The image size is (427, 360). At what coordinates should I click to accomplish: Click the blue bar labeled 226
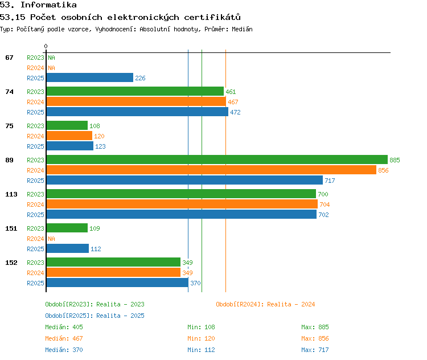pyautogui.click(x=90, y=77)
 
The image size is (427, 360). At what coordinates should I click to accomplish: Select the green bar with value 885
pyautogui.click(x=217, y=159)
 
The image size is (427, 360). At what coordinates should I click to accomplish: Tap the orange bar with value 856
pyautogui.click(x=211, y=170)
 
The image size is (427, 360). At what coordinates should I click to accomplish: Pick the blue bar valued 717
pyautogui.click(x=184, y=180)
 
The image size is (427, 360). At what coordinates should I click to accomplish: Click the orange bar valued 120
pyautogui.click(x=69, y=136)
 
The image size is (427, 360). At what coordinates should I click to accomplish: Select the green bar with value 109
pyautogui.click(x=67, y=228)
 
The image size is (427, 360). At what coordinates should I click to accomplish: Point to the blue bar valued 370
pyautogui.click(x=117, y=283)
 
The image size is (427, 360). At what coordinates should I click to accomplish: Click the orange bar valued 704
pyautogui.click(x=182, y=204)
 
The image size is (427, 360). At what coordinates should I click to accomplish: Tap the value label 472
pyautogui.click(x=235, y=112)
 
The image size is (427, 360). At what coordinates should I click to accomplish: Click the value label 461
pyautogui.click(x=231, y=92)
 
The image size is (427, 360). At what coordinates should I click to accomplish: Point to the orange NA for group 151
pyautogui.click(x=51, y=239)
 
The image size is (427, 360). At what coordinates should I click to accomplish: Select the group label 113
pyautogui.click(x=11, y=194)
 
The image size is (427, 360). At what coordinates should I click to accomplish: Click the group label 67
pyautogui.click(x=9, y=58)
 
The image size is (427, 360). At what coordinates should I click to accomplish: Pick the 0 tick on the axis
pyautogui.click(x=46, y=46)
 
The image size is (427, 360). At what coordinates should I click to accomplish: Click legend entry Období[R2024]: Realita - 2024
pyautogui.click(x=265, y=304)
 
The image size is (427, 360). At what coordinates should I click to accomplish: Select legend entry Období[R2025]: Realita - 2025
pyautogui.click(x=95, y=316)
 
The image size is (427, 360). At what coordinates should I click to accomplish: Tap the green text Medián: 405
pyautogui.click(x=64, y=327)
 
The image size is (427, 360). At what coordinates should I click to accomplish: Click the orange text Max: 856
pyautogui.click(x=315, y=338)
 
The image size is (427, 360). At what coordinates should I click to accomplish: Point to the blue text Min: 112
pyautogui.click(x=201, y=350)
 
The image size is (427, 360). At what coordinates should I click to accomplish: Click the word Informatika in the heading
pyautogui.click(x=49, y=5)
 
